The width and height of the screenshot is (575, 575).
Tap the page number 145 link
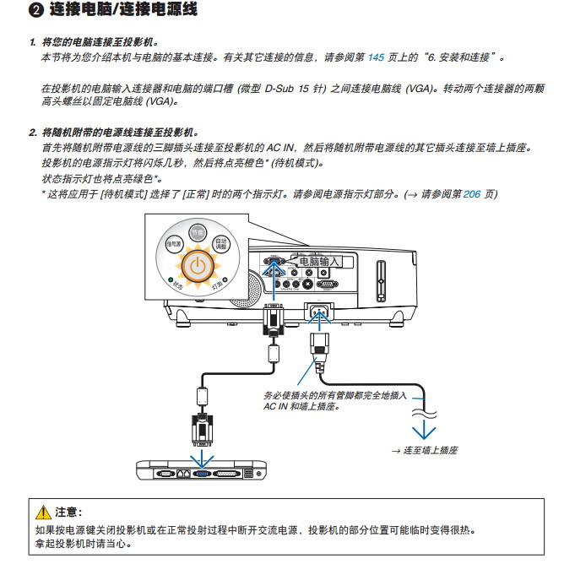pyautogui.click(x=377, y=57)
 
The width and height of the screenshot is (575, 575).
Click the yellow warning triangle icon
pyautogui.click(x=44, y=513)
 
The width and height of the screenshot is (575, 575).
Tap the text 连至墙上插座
pyautogui.click(x=430, y=451)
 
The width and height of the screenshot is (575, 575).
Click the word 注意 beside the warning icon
pyautogui.click(x=68, y=513)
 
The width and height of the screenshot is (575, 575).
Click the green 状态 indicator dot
pyautogui.click(x=171, y=280)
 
